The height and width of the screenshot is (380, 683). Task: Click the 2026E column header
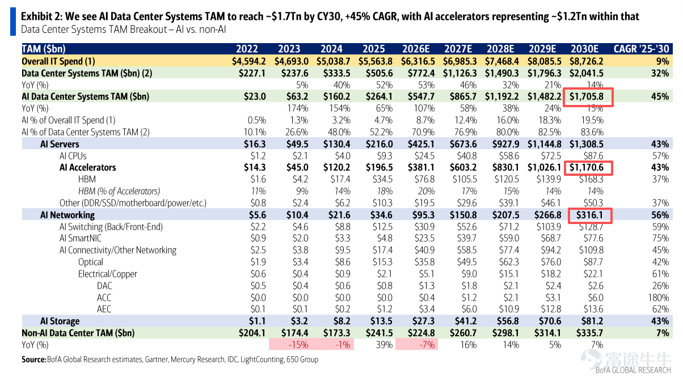pos(416,49)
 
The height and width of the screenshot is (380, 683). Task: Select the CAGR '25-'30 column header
pos(641,49)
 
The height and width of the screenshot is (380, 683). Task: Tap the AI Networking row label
pos(68,215)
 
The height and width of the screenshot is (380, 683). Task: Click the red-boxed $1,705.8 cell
pos(588,97)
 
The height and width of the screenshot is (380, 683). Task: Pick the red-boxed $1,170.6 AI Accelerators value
pos(588,168)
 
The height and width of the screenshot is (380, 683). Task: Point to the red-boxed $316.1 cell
pos(590,216)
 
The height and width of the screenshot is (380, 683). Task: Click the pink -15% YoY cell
pos(298,345)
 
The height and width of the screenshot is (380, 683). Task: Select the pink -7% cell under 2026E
pos(427,345)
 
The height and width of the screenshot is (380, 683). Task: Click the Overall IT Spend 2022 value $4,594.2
pos(248,61)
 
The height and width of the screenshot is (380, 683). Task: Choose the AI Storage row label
pos(60,321)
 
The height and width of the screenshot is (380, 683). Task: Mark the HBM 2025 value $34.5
pos(382,179)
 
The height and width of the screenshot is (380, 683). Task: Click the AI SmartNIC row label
pos(81,238)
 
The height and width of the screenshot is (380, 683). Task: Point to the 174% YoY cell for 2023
pos(298,108)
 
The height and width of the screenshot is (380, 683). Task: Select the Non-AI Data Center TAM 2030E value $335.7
pos(590,333)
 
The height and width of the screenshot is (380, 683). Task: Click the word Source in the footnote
pos(33,360)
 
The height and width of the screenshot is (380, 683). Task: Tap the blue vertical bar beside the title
pos(13,22)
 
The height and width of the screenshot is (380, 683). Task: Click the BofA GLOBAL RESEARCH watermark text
pos(633,370)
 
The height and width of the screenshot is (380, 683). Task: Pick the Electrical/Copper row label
pos(107,274)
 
